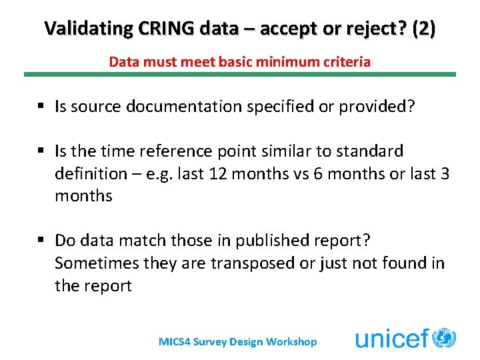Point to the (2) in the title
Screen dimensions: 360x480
click(424, 29)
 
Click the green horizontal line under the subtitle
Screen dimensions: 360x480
click(240, 74)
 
